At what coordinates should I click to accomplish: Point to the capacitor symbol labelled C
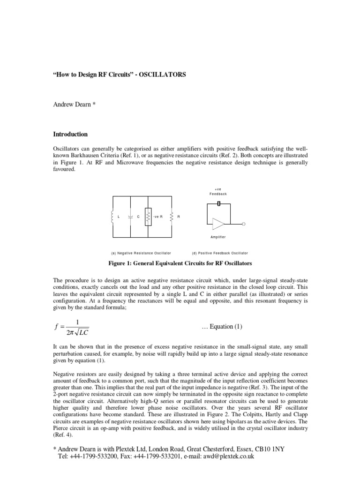129,217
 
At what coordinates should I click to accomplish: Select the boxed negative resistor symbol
148,217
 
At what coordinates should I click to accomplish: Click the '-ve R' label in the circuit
158,217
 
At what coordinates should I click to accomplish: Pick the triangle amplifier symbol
218,224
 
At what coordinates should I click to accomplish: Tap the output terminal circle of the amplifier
243,224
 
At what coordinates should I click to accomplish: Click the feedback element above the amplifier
218,203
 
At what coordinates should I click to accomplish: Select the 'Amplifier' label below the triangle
217,237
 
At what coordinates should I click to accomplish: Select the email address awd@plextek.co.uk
223,456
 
